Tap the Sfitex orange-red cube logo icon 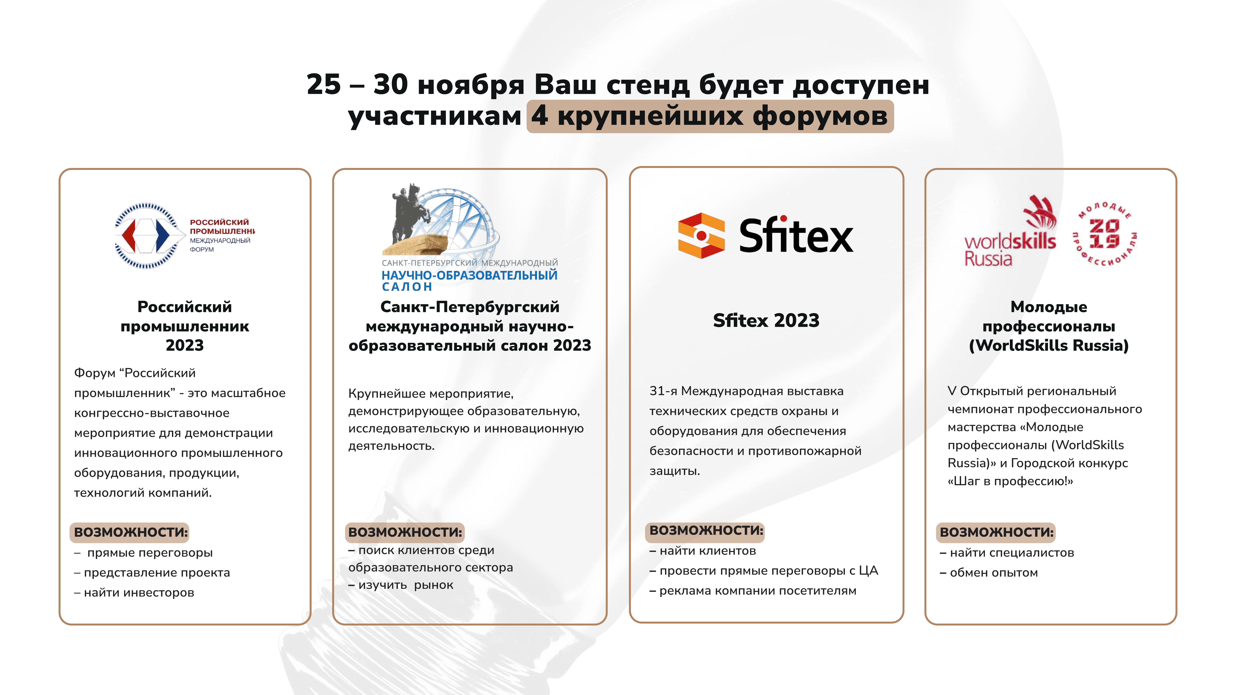701,236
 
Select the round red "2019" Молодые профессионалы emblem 1105,234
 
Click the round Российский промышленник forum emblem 150,236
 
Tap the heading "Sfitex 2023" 766,320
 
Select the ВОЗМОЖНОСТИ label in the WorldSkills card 996,532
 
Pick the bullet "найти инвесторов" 134,593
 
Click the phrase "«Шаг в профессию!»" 1010,481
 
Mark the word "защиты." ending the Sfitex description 675,471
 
